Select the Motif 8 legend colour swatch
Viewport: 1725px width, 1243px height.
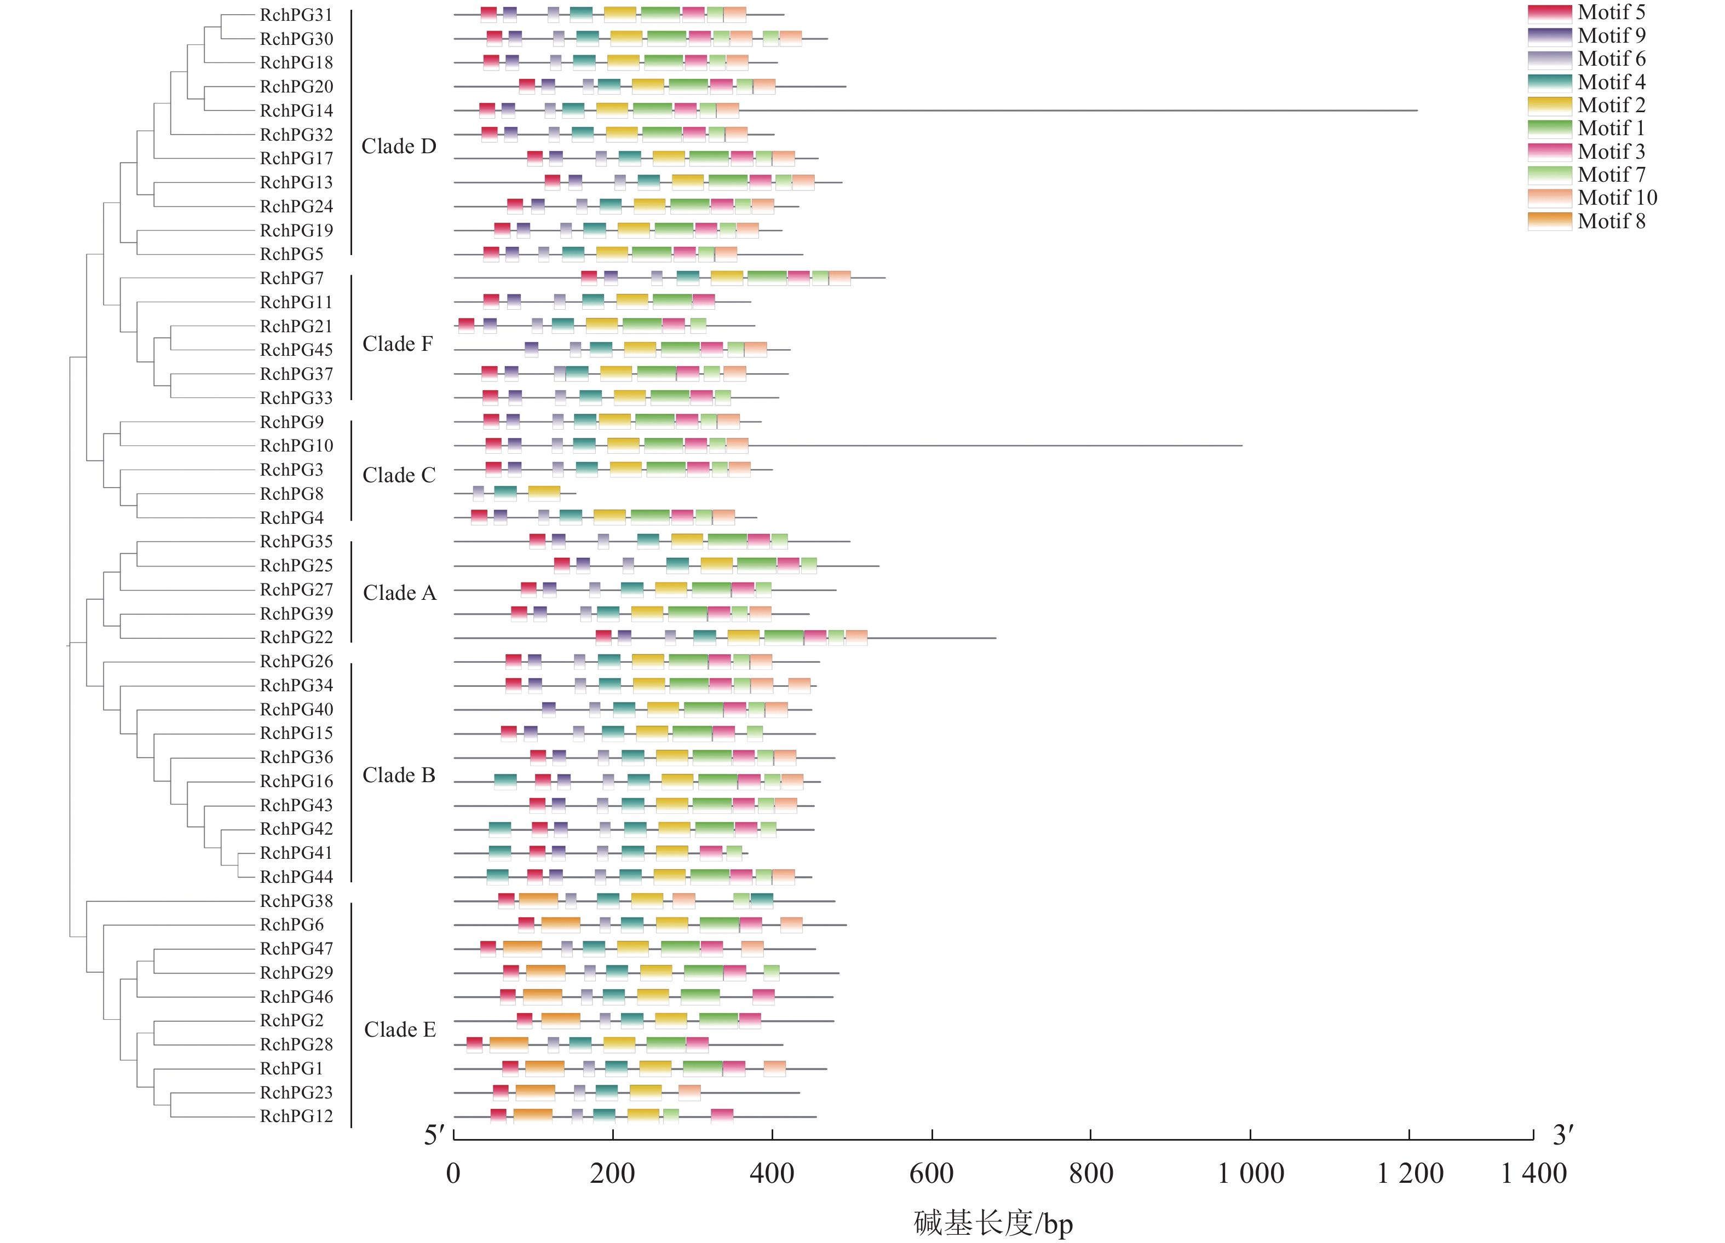(1549, 221)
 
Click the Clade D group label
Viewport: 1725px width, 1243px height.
(399, 146)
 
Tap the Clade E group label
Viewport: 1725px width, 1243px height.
(399, 1030)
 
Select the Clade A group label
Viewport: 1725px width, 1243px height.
(399, 593)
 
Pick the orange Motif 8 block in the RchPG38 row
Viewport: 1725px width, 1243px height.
(538, 901)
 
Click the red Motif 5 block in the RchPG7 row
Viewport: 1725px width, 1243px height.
(589, 278)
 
